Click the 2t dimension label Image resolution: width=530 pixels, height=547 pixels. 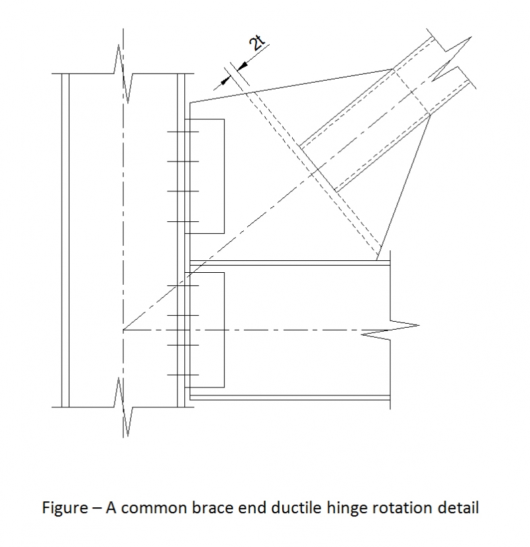click(256, 44)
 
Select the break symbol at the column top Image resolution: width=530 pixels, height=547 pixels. click(123, 73)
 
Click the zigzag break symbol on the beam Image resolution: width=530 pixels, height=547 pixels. click(391, 328)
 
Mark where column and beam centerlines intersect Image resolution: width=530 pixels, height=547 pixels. click(123, 329)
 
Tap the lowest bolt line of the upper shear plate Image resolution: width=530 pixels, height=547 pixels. click(183, 221)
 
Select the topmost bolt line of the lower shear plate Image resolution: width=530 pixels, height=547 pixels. click(183, 286)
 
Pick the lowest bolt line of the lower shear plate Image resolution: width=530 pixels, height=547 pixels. click(183, 375)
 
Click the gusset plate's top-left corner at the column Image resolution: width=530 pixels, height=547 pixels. click(190, 103)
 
